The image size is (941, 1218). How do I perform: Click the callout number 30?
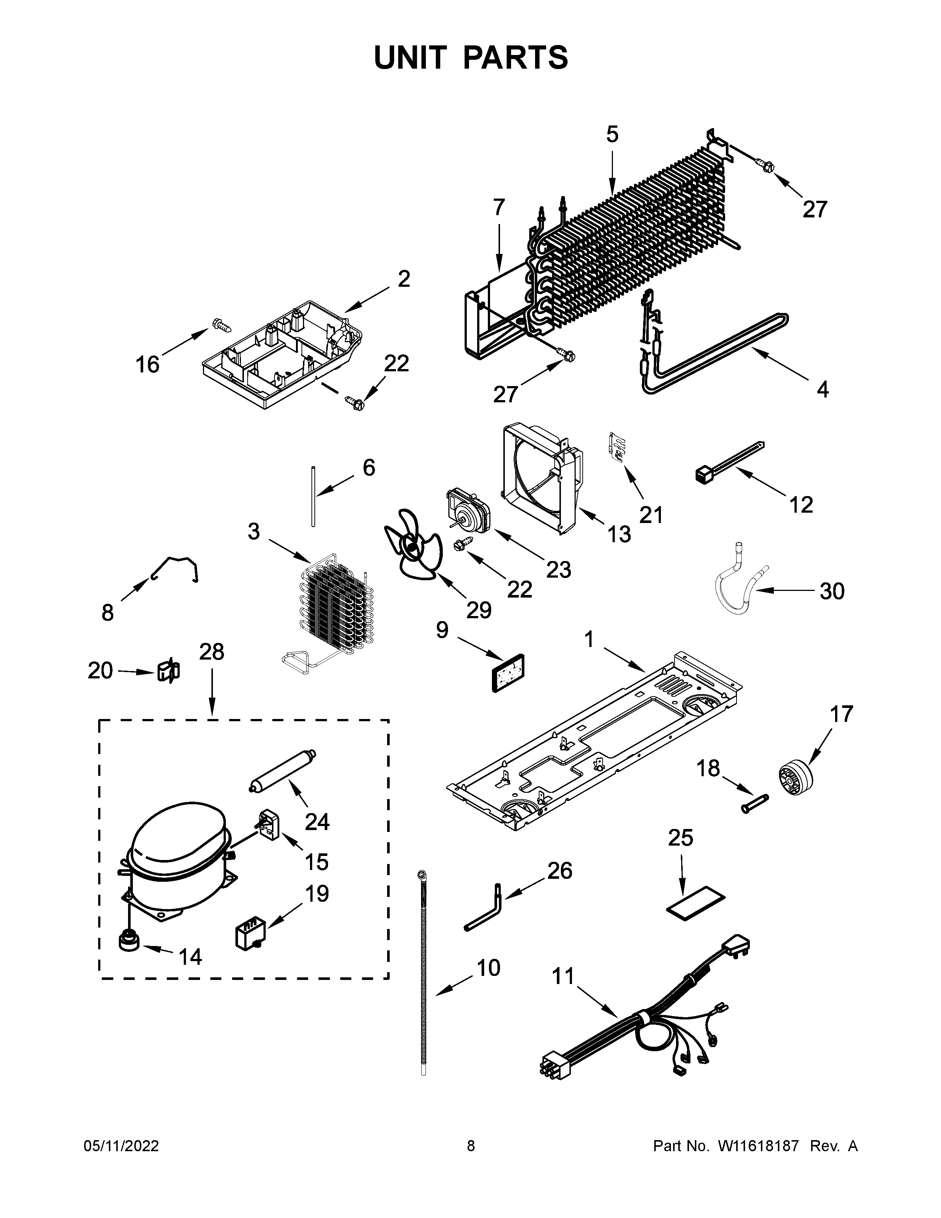pos(832,591)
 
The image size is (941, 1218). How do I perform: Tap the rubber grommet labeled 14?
pos(129,944)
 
